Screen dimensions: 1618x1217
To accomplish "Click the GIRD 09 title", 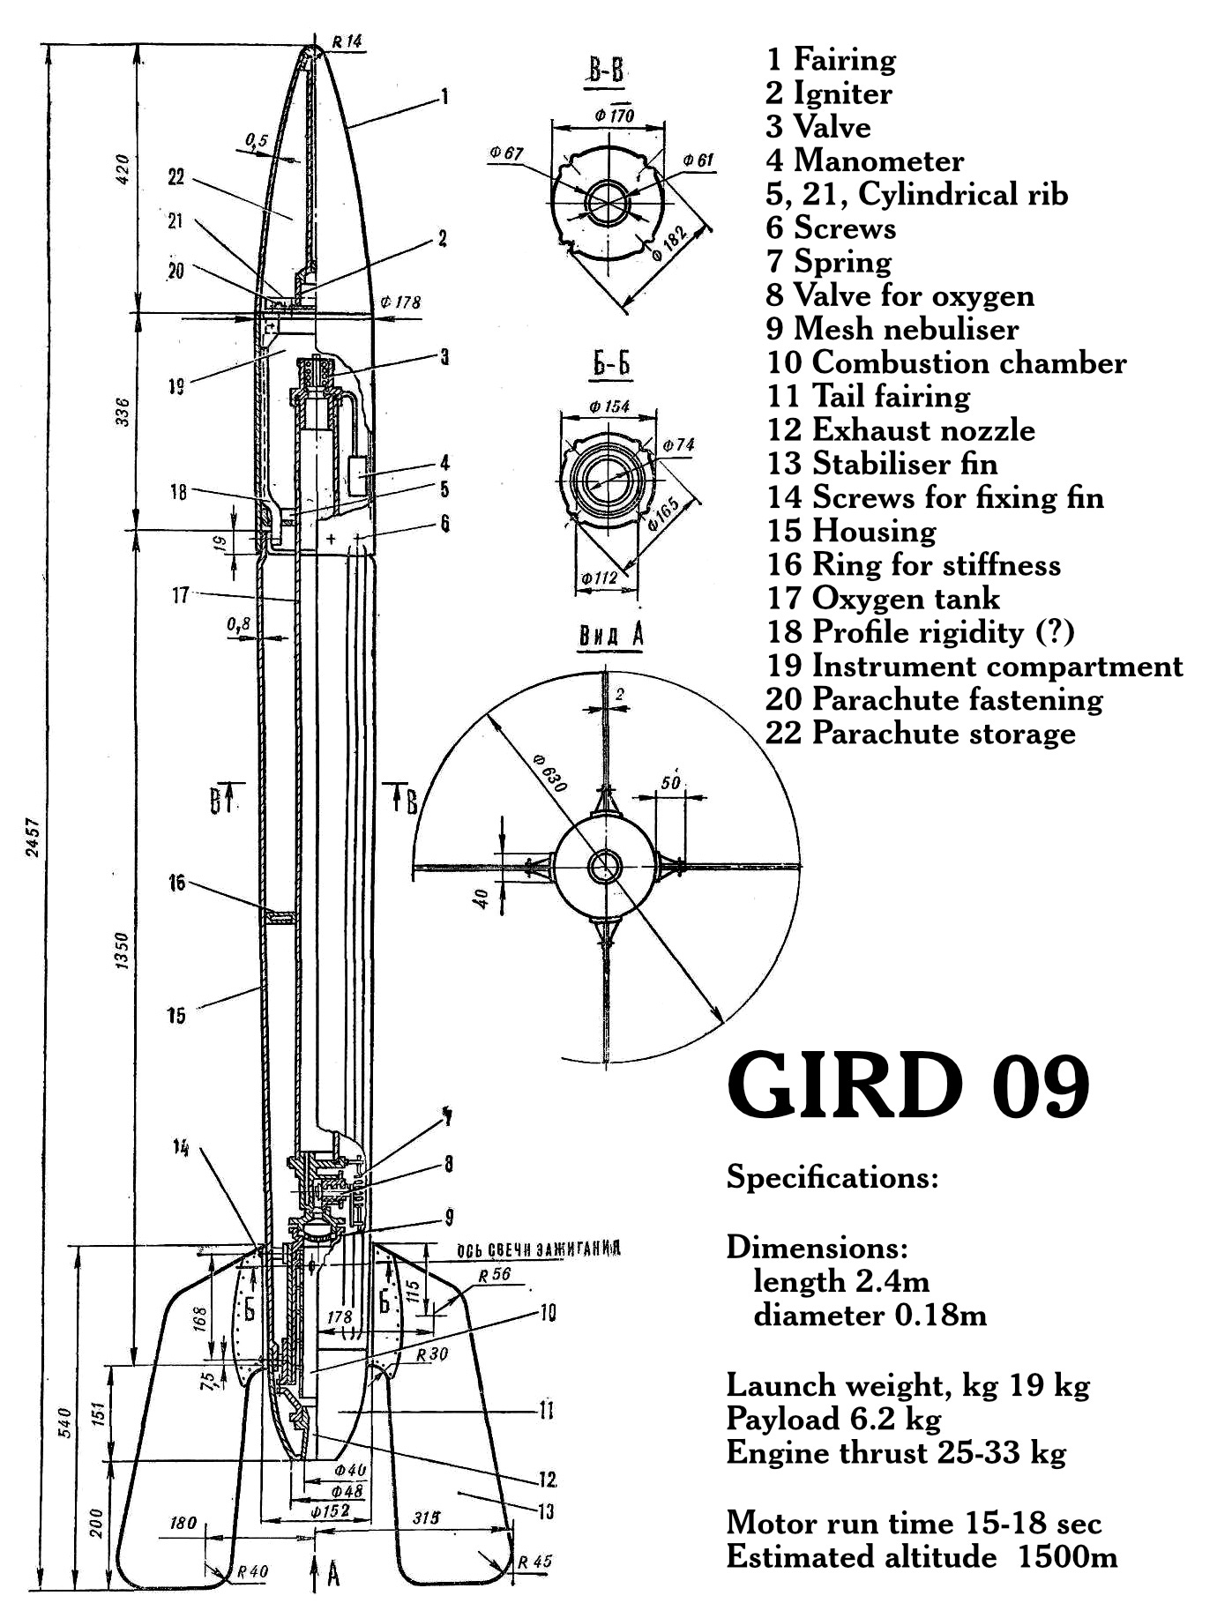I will click(x=908, y=1086).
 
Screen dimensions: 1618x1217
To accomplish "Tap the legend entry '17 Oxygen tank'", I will click(x=883, y=598).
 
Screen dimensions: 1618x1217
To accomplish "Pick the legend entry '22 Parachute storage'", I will click(x=921, y=733).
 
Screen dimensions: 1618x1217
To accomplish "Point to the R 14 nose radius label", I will click(x=347, y=41).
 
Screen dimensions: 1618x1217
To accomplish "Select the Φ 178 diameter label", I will click(x=400, y=302).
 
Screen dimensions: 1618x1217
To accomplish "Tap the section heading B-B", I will click(x=606, y=71).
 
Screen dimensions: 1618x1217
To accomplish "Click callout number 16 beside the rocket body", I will click(x=177, y=882).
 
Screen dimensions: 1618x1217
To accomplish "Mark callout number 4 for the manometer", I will click(x=445, y=462).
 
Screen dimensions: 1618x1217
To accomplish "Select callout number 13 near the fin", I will click(x=546, y=1511).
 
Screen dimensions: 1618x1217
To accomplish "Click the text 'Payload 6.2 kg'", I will click(x=833, y=1419).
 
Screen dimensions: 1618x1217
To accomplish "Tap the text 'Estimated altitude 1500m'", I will click(x=922, y=1556).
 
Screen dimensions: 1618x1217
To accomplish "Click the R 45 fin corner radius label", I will click(x=534, y=1562).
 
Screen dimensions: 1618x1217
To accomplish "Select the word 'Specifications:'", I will click(x=832, y=1177).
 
